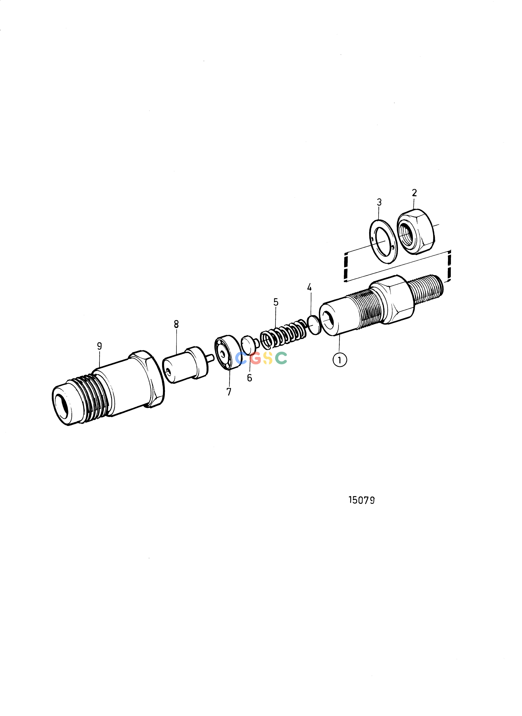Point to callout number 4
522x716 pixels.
(309, 287)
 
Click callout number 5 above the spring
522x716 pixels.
(276, 302)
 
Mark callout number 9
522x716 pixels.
(100, 346)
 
